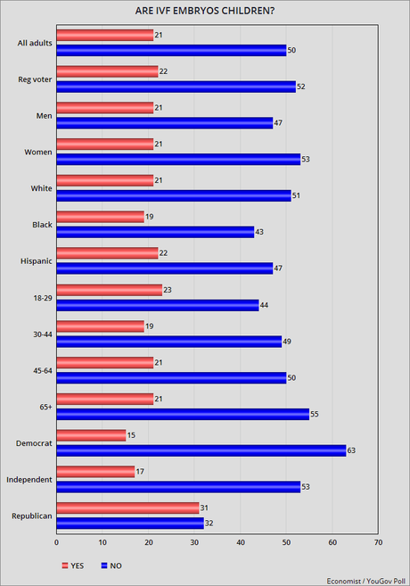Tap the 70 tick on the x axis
point(378,541)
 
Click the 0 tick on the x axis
point(56,541)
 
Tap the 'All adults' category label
point(34,42)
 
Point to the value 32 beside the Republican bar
point(209,524)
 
